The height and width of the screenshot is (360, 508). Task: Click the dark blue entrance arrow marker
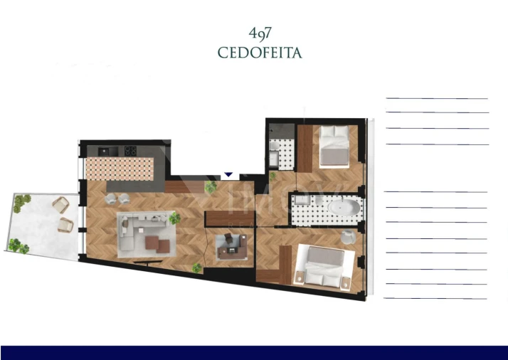pos(228,174)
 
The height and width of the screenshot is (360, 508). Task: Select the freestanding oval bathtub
pos(344,208)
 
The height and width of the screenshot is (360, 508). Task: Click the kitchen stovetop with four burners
pos(131,150)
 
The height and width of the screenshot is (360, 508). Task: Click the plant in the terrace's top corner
pos(21,201)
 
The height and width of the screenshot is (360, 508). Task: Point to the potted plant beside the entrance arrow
pos(210,187)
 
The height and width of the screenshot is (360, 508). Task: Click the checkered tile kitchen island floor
pos(119,168)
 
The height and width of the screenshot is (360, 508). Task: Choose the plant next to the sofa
pos(174,219)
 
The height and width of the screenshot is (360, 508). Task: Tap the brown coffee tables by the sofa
pos(158,245)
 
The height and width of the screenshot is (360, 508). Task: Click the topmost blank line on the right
pos(436,98)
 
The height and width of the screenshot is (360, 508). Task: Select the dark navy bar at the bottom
pos(254,352)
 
